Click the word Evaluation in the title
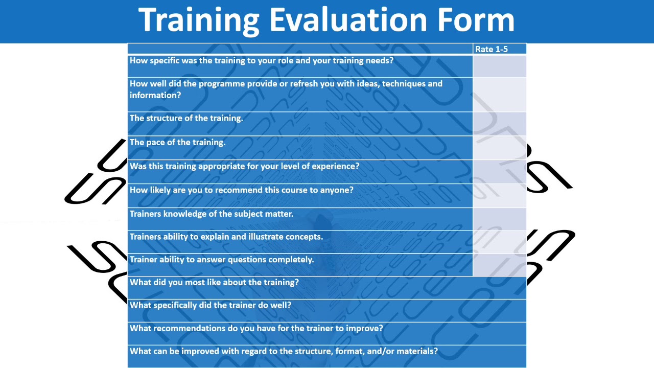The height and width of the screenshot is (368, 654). [348, 20]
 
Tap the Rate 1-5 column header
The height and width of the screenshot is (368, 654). [491, 49]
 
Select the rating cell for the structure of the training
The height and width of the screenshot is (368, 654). [499, 124]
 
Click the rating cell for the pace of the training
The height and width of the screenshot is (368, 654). [499, 148]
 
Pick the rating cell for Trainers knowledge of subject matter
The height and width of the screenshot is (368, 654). [499, 219]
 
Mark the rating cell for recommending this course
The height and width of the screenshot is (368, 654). [499, 195]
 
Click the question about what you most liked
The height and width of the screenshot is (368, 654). [214, 283]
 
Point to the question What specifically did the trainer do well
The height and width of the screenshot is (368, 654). [211, 305]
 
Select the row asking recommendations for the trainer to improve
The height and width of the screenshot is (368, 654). [256, 329]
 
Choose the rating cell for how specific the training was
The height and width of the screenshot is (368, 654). [499, 66]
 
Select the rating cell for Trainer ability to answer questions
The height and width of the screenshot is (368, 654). [499, 265]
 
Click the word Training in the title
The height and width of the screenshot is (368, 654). [199, 20]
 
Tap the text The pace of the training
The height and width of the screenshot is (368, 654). [177, 143]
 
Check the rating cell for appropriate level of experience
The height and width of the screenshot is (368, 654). [499, 172]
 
